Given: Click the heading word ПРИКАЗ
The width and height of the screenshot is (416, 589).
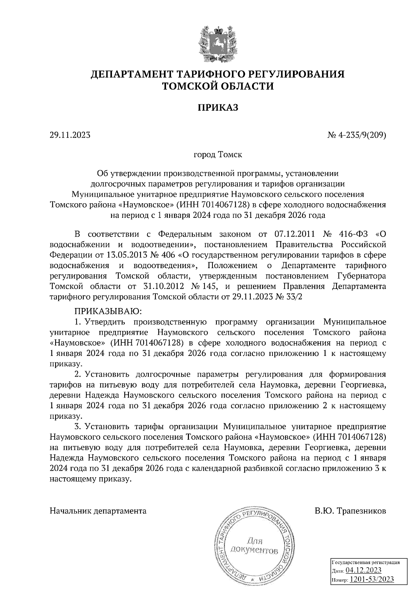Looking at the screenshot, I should click(x=218, y=108).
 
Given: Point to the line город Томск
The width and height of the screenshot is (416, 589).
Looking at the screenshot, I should click(x=218, y=154).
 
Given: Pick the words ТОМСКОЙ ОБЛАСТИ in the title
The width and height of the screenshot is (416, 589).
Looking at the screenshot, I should click(x=218, y=86).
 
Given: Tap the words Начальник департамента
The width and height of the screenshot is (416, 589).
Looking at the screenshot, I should click(x=98, y=511).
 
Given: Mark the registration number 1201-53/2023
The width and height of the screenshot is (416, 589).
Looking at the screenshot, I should click(x=372, y=579).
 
